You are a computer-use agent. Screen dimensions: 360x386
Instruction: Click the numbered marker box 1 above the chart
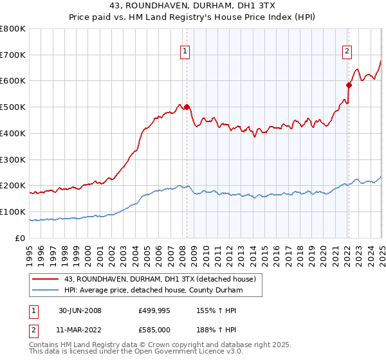[x=185, y=52]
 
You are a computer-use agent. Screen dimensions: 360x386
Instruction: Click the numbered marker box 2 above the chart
[x=347, y=52]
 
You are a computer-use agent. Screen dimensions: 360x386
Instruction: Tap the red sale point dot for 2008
[x=187, y=107]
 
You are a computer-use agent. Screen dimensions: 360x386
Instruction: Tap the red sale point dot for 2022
[x=349, y=84]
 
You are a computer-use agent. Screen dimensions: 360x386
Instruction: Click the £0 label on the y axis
[x=21, y=238]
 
